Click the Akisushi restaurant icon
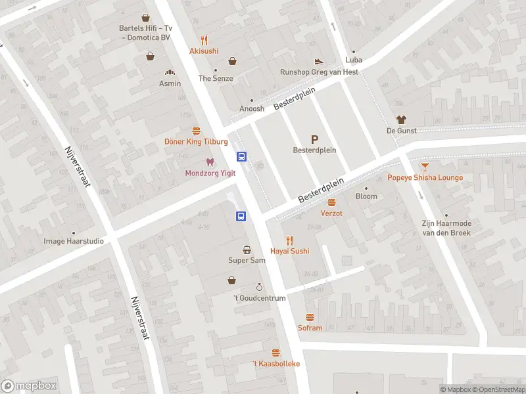(204, 39)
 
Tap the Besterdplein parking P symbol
(314, 139)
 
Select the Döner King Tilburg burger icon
(196, 131)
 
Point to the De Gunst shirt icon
(401, 120)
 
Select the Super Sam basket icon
(247, 250)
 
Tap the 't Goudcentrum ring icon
(260, 288)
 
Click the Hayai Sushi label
(289, 252)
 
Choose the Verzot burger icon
(331, 203)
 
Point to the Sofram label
(310, 328)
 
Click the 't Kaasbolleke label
(276, 364)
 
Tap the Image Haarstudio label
(74, 241)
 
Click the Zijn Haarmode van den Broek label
(446, 227)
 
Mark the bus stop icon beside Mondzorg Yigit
(242, 156)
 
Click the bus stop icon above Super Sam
(241, 216)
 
